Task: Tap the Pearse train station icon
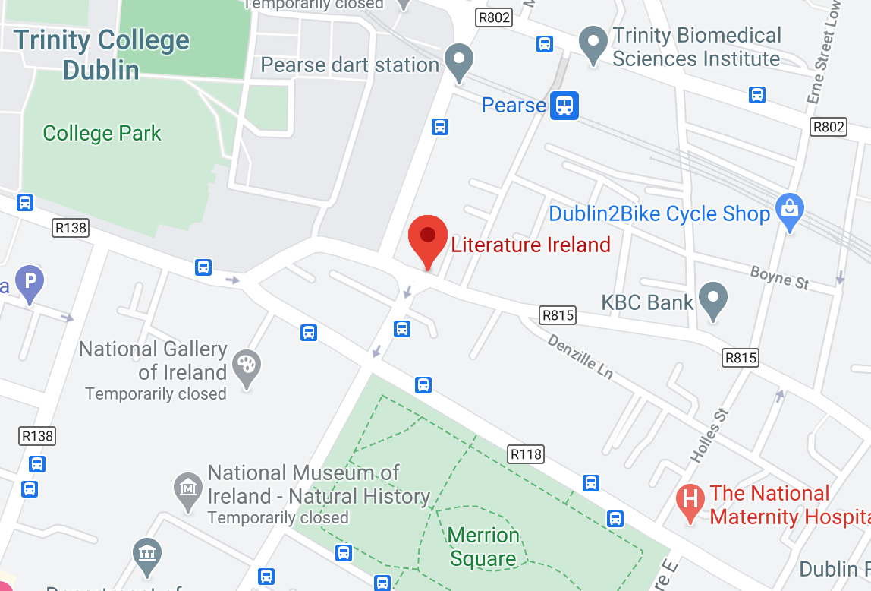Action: (x=564, y=105)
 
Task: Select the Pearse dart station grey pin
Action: (x=458, y=61)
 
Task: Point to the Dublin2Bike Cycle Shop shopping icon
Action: (x=789, y=210)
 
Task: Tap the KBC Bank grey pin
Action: (x=712, y=299)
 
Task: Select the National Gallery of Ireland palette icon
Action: (x=247, y=366)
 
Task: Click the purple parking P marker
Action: (x=29, y=284)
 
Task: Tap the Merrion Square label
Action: (x=483, y=547)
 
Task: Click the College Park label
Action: (x=102, y=134)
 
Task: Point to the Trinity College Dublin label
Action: (x=102, y=55)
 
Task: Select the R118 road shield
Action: (x=526, y=454)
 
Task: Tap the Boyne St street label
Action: (x=779, y=277)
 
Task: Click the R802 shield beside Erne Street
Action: (x=828, y=127)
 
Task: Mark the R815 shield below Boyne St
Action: (x=741, y=357)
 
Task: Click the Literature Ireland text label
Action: (x=530, y=245)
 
